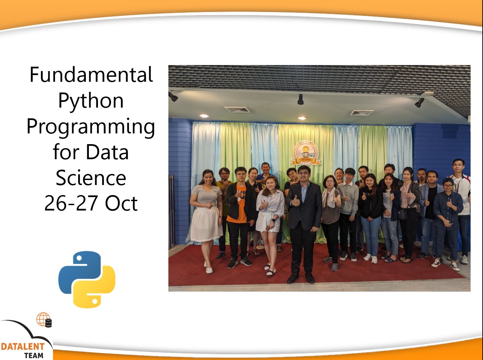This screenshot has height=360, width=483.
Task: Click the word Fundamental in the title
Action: [x=91, y=74]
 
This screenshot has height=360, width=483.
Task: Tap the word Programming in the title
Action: [x=91, y=127]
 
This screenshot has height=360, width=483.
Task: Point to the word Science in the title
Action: [x=91, y=178]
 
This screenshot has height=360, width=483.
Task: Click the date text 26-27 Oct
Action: [x=91, y=203]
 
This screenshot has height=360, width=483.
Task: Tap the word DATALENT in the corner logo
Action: [x=23, y=347]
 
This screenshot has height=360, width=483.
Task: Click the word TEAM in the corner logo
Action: [x=34, y=356]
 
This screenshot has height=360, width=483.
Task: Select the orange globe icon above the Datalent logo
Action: [x=43, y=319]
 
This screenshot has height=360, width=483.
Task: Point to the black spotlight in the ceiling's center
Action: [x=300, y=100]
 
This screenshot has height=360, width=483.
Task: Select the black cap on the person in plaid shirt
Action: [x=448, y=181]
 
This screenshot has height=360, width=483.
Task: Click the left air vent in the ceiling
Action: [x=237, y=109]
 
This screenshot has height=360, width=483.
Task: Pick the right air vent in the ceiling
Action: [x=362, y=113]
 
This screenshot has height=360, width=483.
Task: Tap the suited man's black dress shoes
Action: [x=301, y=278]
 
